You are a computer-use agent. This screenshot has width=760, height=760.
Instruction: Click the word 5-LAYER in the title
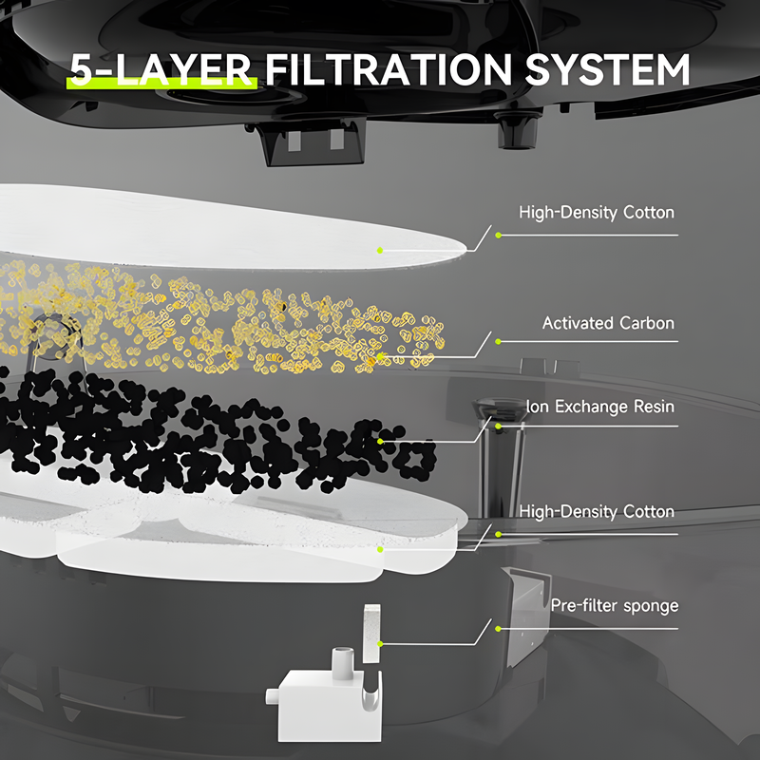pos(161,72)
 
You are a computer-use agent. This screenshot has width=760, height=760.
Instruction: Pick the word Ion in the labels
pos(536,408)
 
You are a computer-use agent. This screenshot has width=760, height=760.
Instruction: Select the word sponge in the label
pos(651,605)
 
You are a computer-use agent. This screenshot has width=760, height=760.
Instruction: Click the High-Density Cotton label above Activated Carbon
pos(596,213)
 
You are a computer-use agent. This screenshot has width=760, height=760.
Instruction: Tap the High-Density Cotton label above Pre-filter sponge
pos(596,512)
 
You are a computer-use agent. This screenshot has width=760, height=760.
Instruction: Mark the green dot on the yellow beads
pos(380,358)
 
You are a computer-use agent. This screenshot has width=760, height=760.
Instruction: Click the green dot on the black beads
pos(380,442)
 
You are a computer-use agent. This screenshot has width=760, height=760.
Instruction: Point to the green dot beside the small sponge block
pos(380,643)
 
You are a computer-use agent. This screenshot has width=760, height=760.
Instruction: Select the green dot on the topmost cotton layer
pos(380,250)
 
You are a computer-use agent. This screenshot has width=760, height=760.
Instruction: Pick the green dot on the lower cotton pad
pos(380,548)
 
